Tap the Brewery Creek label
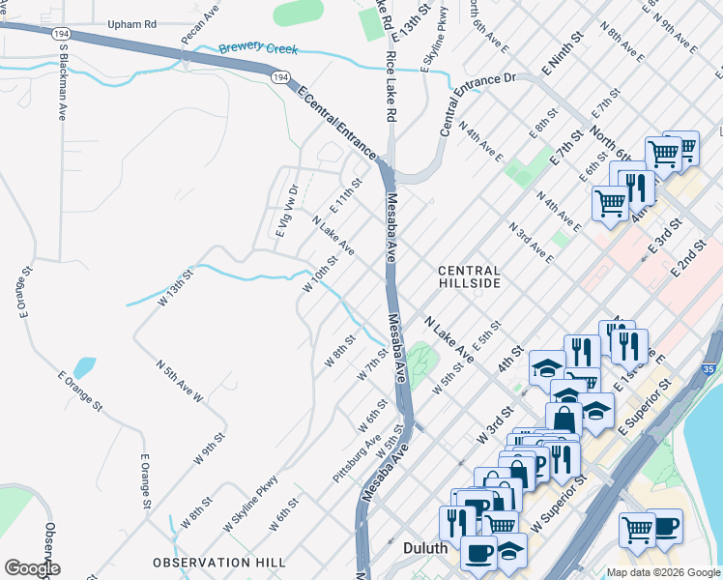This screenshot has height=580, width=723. (x=258, y=48)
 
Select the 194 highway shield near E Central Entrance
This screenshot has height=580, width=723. (x=280, y=77)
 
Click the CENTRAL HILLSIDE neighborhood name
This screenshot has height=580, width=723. (x=469, y=277)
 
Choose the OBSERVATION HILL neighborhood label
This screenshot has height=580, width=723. (x=218, y=562)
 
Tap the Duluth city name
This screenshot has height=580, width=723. (x=424, y=548)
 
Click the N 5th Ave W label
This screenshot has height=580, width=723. (x=181, y=380)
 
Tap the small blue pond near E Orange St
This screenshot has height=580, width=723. (x=85, y=367)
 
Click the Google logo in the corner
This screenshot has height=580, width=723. (x=31, y=568)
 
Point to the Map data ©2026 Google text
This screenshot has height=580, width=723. (x=662, y=572)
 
